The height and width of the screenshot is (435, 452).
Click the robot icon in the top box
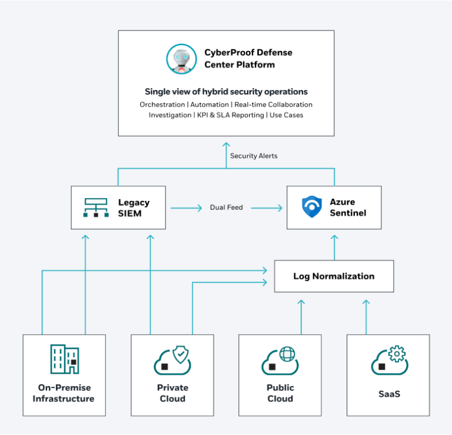(181, 58)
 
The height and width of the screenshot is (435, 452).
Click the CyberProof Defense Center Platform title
(248, 58)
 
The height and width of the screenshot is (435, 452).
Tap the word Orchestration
(162, 105)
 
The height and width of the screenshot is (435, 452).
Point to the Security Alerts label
(253, 156)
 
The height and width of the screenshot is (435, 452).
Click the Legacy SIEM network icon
(95, 208)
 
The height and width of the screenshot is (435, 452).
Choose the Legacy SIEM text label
(134, 208)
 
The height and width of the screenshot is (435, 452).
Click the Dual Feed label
(226, 208)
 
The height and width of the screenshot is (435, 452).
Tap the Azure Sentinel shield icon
(311, 208)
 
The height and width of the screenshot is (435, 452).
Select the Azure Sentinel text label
(347, 208)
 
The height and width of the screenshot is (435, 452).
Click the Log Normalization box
(334, 276)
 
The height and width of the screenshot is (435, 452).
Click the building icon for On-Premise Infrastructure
(64, 360)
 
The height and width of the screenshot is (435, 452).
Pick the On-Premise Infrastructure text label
(64, 393)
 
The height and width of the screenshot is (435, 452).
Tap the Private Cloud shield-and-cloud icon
(172, 360)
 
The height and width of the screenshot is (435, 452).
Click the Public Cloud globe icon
(287, 354)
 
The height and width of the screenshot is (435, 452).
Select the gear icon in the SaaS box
(397, 354)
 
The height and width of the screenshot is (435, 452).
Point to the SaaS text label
(388, 394)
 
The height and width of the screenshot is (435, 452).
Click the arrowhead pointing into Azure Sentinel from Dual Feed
(278, 208)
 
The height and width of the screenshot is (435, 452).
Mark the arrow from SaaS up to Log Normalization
(365, 317)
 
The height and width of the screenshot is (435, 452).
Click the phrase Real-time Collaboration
(274, 105)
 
